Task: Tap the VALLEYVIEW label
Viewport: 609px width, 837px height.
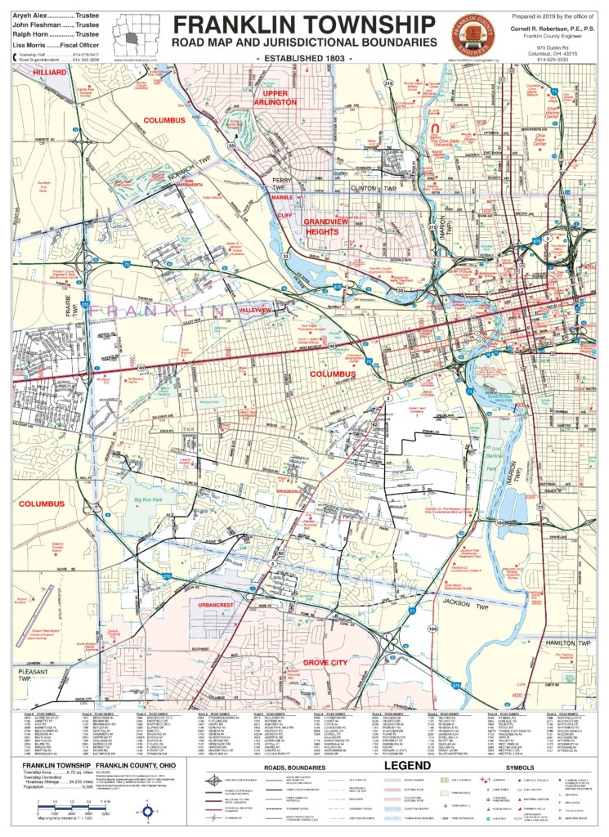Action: pos(255,311)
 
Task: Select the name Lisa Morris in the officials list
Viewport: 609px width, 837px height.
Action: pos(31,47)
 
